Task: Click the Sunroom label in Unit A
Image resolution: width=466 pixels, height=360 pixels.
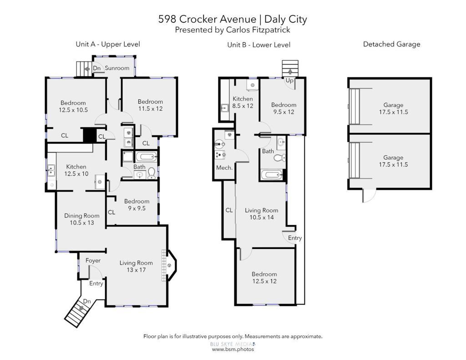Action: tap(117, 68)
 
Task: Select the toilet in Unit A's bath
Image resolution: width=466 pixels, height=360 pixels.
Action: tap(151, 172)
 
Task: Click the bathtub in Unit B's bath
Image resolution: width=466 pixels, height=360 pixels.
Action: tap(272, 174)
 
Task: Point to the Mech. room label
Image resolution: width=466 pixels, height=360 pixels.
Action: tap(224, 167)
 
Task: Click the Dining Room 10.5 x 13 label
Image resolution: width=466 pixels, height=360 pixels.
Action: tap(82, 219)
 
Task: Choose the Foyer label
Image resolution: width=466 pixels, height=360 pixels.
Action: tap(93, 260)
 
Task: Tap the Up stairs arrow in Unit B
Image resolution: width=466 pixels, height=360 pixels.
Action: tap(290, 71)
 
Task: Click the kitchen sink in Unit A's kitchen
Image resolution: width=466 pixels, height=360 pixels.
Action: tap(51, 171)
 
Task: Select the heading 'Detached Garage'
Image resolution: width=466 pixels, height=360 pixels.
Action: tap(392, 44)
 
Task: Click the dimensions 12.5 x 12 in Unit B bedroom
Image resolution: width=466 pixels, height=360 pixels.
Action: tap(264, 281)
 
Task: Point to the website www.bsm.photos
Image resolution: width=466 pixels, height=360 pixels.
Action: tap(233, 349)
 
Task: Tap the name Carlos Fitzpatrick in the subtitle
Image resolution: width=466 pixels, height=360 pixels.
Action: tap(258, 30)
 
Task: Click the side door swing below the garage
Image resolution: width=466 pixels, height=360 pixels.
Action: tap(369, 196)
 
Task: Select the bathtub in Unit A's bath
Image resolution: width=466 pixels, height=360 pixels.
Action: tap(146, 157)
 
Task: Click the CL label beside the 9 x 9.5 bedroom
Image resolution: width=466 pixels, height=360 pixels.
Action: tap(111, 212)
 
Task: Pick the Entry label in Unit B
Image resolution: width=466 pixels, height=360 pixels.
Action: tap(295, 238)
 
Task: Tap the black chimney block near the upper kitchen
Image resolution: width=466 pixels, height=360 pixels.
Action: tap(88, 136)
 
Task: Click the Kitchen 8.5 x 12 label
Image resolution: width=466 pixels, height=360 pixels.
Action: tap(243, 102)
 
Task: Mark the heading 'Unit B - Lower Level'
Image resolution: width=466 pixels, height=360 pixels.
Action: tap(258, 45)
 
